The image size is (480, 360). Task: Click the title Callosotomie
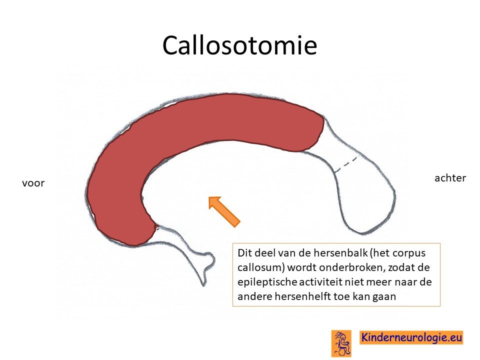239,45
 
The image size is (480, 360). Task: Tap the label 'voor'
33,183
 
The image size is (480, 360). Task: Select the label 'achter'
450,177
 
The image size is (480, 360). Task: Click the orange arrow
224,211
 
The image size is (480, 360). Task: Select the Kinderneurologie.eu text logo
411,337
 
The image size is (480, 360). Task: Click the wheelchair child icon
341,343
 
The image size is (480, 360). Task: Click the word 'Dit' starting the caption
243,253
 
